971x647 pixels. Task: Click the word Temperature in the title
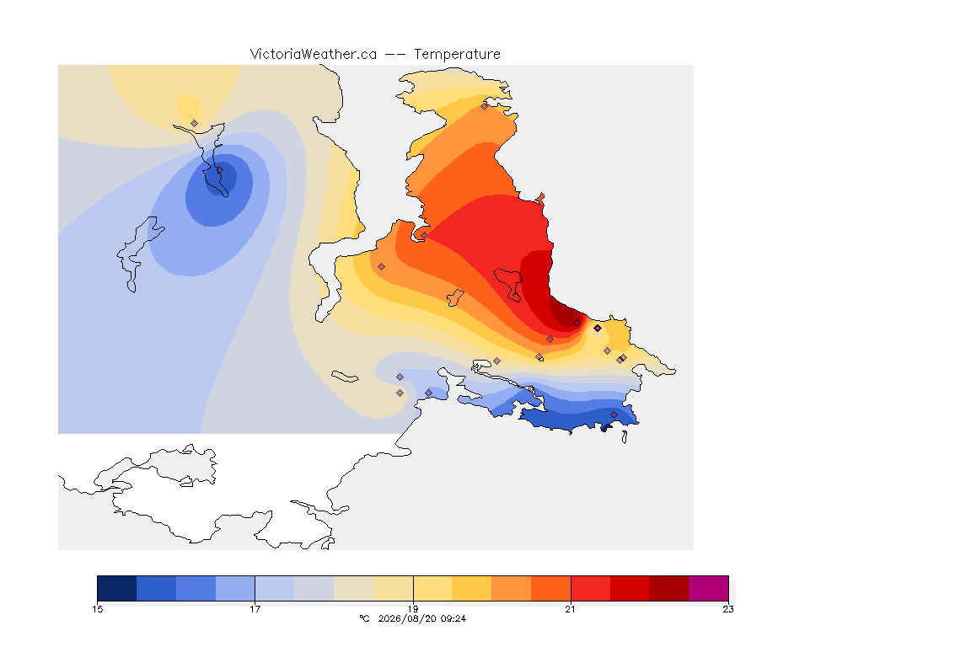coord(457,55)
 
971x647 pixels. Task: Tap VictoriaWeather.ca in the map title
coord(314,55)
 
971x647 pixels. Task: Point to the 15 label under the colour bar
coord(98,609)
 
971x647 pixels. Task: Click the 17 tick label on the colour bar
coord(255,609)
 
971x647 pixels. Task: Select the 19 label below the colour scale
coord(413,609)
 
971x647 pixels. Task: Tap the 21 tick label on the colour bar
coord(571,609)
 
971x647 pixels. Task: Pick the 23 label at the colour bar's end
coord(728,609)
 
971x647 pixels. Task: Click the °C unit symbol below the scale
coord(364,618)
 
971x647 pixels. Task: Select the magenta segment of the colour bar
coord(708,588)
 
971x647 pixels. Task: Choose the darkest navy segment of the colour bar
coord(117,588)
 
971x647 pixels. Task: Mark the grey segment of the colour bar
coord(314,588)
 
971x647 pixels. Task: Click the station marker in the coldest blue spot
coord(219,169)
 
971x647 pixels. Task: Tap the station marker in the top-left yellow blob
coord(195,124)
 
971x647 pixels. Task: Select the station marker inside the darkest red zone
coord(577,323)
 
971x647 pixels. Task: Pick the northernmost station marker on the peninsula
coord(485,106)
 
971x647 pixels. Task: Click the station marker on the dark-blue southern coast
coord(614,414)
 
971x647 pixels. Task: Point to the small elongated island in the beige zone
coord(345,377)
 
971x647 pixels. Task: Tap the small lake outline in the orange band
coord(456,298)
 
